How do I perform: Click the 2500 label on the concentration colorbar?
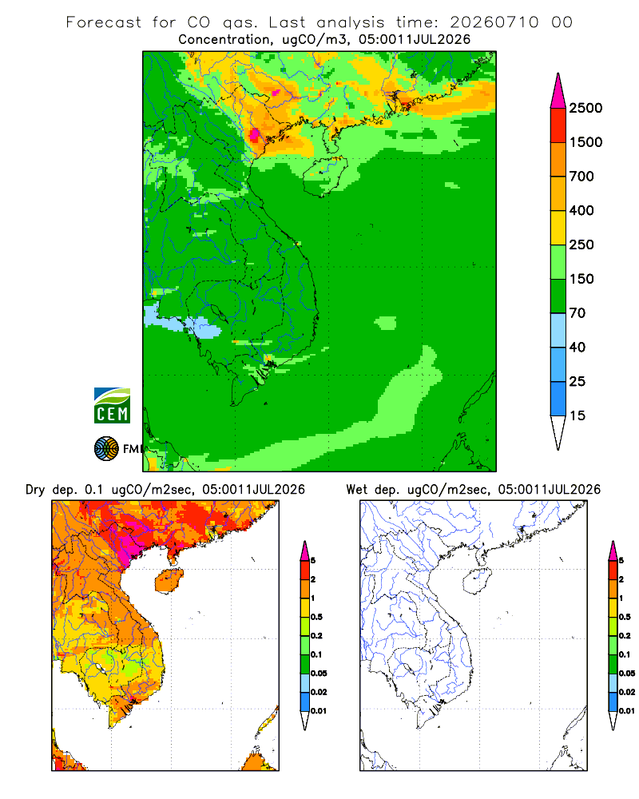click(585, 108)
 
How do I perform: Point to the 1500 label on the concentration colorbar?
click(585, 142)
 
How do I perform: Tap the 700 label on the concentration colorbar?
click(581, 177)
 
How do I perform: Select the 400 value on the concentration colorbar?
click(581, 210)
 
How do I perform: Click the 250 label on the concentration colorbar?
click(581, 244)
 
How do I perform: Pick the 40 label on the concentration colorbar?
click(577, 347)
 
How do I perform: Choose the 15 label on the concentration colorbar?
click(577, 415)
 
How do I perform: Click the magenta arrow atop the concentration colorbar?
click(558, 91)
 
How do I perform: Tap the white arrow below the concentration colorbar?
click(558, 432)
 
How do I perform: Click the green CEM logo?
click(112, 405)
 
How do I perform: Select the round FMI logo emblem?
click(106, 449)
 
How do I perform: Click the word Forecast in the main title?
click(104, 22)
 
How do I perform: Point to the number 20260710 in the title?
click(494, 22)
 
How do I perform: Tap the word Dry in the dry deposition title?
click(35, 490)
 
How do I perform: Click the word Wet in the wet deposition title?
click(356, 490)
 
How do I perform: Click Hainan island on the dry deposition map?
click(169, 581)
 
